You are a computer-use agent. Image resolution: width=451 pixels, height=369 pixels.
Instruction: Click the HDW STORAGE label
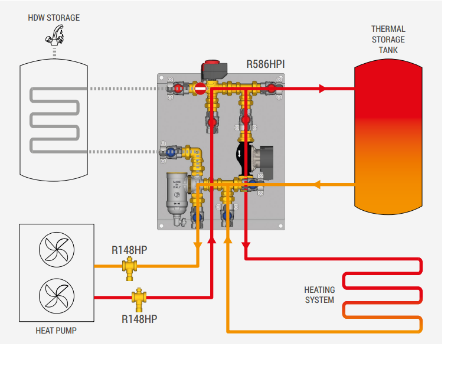click(x=54, y=18)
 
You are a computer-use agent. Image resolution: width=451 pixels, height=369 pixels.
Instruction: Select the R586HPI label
click(x=266, y=63)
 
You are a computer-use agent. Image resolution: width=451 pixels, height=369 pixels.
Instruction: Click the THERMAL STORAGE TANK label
click(x=388, y=40)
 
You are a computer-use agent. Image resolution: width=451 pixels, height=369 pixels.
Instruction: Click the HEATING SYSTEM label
click(x=319, y=295)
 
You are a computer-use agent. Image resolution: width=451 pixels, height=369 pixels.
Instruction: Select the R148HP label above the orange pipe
click(x=129, y=250)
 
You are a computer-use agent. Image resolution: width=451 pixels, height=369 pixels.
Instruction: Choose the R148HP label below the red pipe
click(x=139, y=319)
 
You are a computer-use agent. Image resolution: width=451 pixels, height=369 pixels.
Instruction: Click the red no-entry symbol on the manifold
click(x=200, y=89)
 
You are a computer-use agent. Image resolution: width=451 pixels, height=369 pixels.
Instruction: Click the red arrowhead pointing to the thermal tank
click(x=322, y=89)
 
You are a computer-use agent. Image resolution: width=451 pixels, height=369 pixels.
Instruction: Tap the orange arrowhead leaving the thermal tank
click(x=316, y=184)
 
